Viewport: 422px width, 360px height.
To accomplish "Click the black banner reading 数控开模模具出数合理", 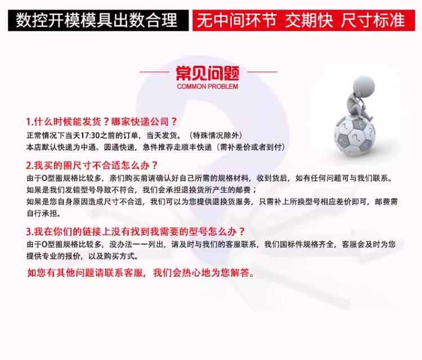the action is [98, 20].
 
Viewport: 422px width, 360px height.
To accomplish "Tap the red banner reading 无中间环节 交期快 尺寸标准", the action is [304, 20].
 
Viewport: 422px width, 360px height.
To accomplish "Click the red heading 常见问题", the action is [208, 74].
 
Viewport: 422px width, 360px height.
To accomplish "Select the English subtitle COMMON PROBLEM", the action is [208, 87].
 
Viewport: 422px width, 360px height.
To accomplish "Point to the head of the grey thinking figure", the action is [363, 85].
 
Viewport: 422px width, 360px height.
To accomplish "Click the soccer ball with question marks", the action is [354, 137].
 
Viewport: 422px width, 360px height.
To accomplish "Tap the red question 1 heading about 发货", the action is [102, 122].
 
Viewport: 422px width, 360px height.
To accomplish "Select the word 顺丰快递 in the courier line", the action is [197, 147].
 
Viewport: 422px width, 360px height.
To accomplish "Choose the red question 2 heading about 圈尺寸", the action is [92, 165].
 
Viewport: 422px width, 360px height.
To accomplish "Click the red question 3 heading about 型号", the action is [136, 231].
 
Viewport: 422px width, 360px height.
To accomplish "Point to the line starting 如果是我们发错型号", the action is [142, 190].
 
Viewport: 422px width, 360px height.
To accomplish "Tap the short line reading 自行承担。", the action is [44, 213].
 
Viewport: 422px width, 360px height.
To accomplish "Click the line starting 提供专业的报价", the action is [82, 256].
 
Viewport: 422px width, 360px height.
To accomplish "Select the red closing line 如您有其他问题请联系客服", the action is [141, 273].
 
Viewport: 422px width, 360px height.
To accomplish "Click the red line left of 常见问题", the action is [154, 72].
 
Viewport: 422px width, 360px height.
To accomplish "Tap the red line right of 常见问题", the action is [262, 72].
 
